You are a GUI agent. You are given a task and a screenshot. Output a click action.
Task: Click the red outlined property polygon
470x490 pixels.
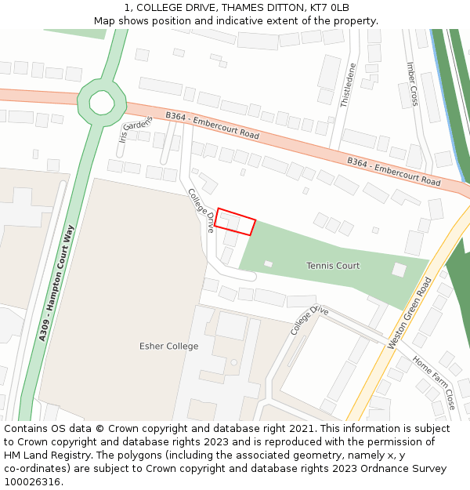[x=236, y=222]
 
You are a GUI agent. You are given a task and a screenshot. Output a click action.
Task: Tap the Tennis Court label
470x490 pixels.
[x=333, y=266]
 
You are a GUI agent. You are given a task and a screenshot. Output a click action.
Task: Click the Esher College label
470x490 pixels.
[x=168, y=346]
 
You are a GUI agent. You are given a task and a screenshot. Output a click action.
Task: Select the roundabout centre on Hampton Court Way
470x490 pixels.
[x=102, y=102]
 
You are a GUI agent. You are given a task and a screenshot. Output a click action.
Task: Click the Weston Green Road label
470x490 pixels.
[x=410, y=313]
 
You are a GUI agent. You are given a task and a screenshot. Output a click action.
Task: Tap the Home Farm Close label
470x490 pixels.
[x=433, y=383]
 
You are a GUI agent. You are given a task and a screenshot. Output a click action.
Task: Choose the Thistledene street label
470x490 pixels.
[x=348, y=85]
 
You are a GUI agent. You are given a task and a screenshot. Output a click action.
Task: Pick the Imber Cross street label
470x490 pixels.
[x=412, y=84]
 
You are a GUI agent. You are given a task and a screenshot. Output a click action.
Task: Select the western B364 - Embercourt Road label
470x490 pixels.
[x=211, y=125]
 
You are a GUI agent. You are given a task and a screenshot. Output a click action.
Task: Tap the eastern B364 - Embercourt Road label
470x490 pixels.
[x=394, y=169]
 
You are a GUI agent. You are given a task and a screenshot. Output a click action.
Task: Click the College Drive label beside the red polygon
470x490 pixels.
[x=201, y=210]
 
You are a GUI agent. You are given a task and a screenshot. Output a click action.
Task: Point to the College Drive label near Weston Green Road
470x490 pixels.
[x=309, y=321]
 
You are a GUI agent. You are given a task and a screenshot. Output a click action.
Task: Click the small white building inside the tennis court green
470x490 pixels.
[x=268, y=263]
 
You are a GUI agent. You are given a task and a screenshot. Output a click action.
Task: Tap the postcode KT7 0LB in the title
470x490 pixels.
[x=328, y=8]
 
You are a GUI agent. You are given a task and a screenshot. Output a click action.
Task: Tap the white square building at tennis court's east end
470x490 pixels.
[x=399, y=270]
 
